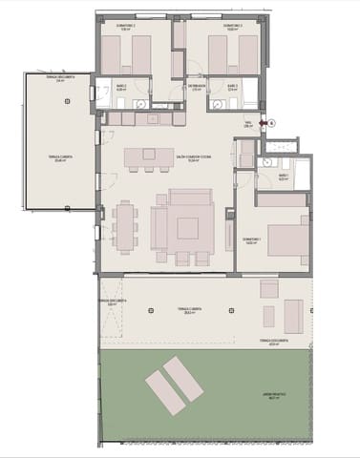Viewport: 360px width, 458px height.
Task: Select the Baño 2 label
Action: click(x=121, y=88)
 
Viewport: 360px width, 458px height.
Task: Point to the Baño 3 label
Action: click(x=233, y=88)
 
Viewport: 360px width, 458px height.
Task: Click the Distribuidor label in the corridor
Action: click(x=198, y=88)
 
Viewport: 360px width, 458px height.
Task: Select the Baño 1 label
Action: click(x=284, y=177)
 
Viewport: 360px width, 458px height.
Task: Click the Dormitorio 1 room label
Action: click(x=251, y=239)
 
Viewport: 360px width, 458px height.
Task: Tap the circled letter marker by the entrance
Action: click(x=271, y=122)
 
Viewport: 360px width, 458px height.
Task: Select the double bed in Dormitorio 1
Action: click(x=286, y=238)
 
